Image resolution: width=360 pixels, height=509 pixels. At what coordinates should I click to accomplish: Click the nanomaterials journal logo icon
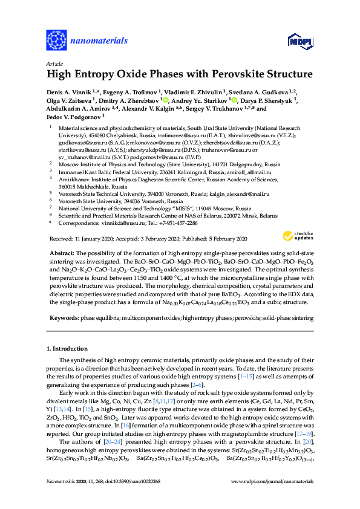click(x=56, y=41)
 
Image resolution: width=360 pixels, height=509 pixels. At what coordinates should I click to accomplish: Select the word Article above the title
click(x=53, y=63)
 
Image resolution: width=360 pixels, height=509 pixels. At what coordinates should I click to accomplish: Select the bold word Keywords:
click(x=64, y=317)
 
